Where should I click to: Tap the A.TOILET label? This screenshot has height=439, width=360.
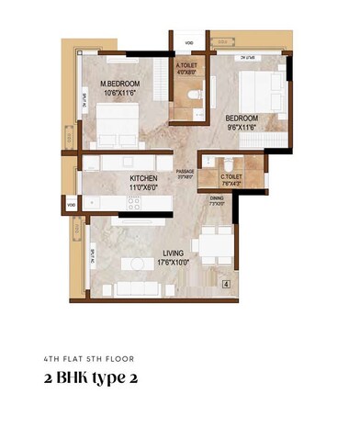[188, 66]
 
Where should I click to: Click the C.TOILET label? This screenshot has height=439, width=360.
[231, 176]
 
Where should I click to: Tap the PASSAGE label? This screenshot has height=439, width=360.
[186, 172]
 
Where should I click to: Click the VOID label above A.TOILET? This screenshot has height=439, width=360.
[188, 42]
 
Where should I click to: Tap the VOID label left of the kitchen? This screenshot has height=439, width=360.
[72, 203]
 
